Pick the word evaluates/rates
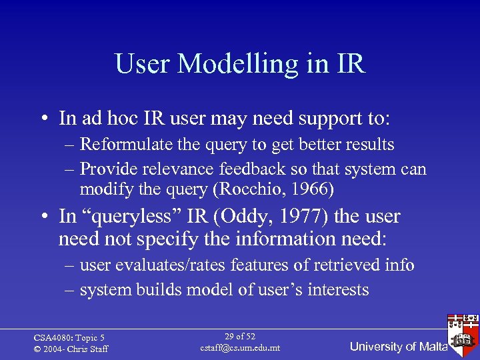[x=170, y=265]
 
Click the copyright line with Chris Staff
[x=71, y=349]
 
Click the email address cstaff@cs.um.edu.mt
[x=240, y=349]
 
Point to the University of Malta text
[x=398, y=347]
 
